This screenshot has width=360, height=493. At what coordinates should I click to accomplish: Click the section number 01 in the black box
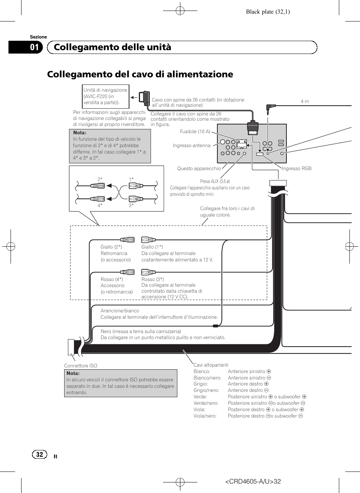click(x=34, y=47)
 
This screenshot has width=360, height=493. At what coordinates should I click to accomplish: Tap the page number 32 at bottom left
click(x=40, y=455)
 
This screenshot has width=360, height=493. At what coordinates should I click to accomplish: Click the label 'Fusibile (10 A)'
click(x=195, y=132)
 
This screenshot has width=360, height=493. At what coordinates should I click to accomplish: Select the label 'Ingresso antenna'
click(x=191, y=146)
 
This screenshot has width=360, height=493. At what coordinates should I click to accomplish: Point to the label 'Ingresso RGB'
click(x=297, y=169)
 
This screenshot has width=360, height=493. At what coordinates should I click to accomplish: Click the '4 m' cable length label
click(x=305, y=101)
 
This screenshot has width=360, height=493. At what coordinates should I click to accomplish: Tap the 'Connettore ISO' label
click(x=81, y=366)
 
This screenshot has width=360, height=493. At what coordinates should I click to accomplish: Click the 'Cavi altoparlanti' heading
click(x=211, y=365)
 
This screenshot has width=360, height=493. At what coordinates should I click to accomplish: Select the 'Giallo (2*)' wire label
click(x=111, y=247)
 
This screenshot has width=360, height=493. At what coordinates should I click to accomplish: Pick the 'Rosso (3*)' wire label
click(x=152, y=280)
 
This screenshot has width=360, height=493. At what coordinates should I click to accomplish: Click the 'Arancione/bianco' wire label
click(x=120, y=311)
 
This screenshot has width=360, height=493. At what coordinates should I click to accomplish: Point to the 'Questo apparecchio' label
click(x=199, y=169)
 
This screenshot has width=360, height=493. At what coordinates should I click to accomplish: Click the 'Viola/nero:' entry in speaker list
click(x=205, y=416)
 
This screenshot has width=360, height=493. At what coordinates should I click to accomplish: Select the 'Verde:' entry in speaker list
click(x=200, y=397)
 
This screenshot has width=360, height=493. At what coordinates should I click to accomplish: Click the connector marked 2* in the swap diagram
click(x=98, y=186)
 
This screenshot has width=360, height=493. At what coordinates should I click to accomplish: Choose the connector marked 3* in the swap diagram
click(x=135, y=199)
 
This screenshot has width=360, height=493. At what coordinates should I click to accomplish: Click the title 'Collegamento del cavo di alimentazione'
click(x=140, y=74)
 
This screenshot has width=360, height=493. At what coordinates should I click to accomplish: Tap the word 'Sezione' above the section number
click(x=38, y=37)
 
